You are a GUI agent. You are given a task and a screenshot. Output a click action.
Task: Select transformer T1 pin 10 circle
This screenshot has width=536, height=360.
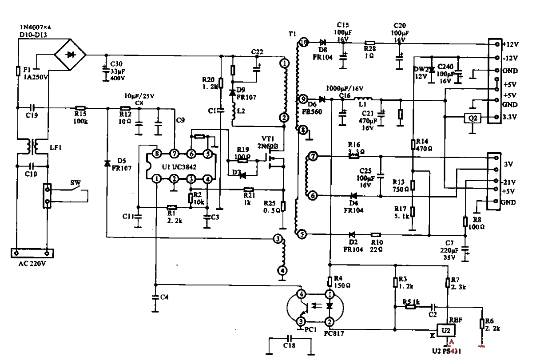pos(303,43)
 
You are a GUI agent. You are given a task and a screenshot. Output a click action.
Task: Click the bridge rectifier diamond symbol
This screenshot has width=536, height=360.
pos(70,55)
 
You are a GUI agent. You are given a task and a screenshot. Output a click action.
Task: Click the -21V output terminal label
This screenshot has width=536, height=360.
pos(510,182)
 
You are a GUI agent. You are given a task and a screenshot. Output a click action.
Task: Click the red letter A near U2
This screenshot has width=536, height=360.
pos(452,342)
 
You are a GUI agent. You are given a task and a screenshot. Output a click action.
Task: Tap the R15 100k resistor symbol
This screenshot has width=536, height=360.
pos(80,108)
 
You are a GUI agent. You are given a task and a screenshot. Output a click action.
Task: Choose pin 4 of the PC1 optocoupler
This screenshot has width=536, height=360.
pos(301,294)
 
